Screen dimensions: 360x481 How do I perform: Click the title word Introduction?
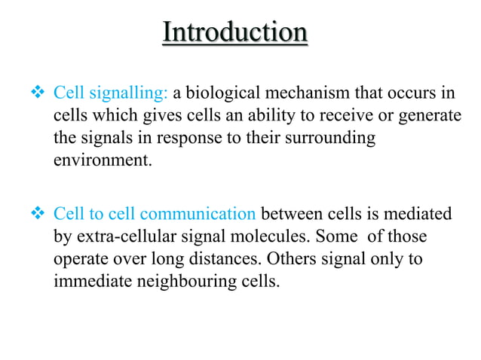(x=235, y=33)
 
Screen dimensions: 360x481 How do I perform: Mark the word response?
(x=173, y=139)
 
